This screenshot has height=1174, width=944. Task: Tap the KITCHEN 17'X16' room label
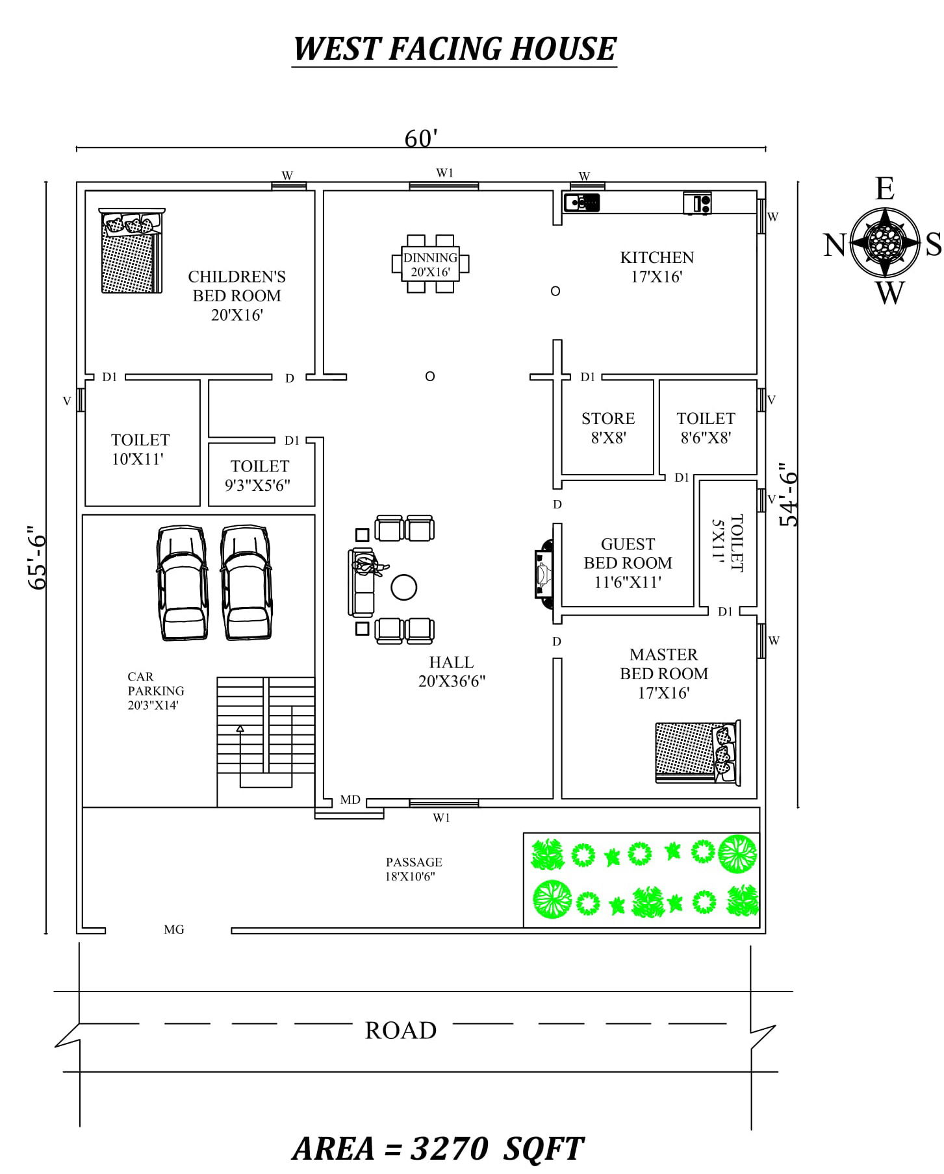[x=656, y=267]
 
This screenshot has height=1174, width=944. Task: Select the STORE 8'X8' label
[x=607, y=427]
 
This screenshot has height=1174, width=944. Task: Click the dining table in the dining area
[x=430, y=264]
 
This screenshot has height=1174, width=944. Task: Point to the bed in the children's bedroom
[x=131, y=252]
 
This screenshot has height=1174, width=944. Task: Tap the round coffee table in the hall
[x=403, y=587]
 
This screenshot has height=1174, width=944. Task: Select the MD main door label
[x=350, y=800]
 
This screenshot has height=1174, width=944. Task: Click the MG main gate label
[x=174, y=930]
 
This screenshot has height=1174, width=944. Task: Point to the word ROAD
[x=400, y=1030]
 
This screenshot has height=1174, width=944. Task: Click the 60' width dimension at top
[x=421, y=138]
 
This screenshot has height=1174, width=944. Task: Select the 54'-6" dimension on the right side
[x=788, y=494]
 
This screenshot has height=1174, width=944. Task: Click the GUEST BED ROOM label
[x=627, y=562]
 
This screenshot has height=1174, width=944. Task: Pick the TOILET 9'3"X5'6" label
[x=259, y=475]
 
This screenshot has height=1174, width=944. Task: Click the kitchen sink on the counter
[x=581, y=203]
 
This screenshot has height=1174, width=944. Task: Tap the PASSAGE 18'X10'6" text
[x=413, y=869]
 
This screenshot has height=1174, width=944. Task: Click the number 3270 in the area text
[x=449, y=1148]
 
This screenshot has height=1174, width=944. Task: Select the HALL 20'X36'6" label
[x=452, y=671]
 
